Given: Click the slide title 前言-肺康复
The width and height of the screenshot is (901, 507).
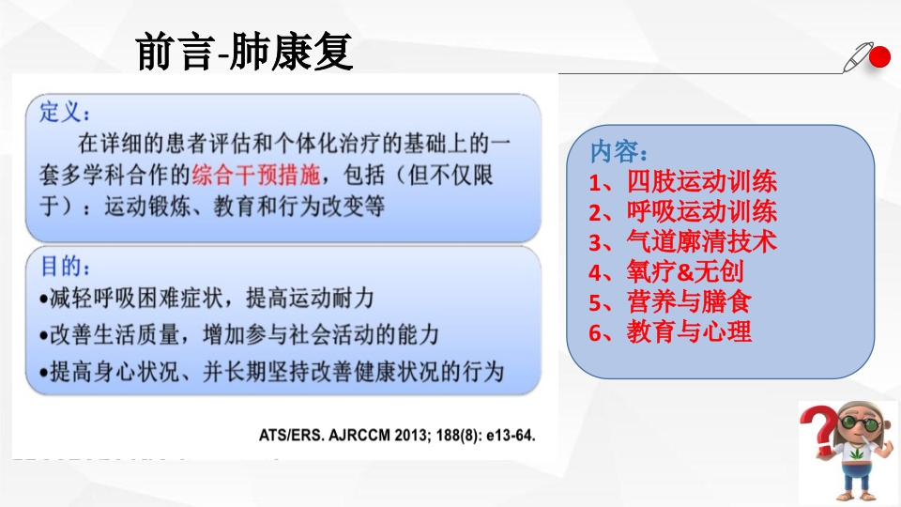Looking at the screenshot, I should tap(244, 53).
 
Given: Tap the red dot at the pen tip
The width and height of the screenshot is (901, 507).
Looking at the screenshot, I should tap(879, 58).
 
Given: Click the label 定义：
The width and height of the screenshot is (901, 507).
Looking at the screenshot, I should tap(66, 113).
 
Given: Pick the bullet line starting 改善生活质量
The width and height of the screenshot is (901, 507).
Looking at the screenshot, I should tap(239, 334).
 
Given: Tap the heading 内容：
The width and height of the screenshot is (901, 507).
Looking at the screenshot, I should tap(618, 151).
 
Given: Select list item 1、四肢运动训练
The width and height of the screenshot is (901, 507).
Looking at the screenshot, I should tap(682, 181).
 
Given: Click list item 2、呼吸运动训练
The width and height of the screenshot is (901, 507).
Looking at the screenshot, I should tap(682, 211).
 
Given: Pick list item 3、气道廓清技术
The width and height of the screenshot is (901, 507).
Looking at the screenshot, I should tap(682, 241).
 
